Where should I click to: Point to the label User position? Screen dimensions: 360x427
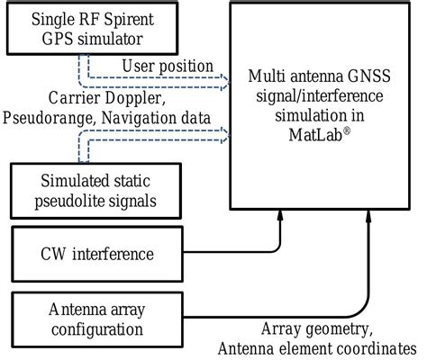pos(167,67)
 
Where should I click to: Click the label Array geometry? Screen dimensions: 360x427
pos(311,328)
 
